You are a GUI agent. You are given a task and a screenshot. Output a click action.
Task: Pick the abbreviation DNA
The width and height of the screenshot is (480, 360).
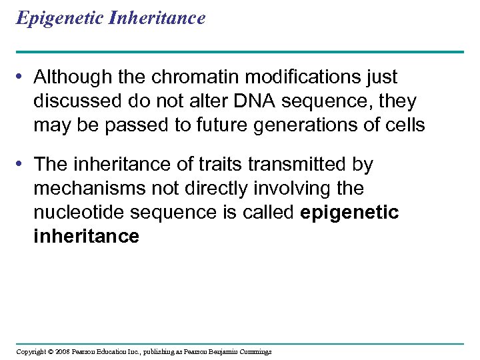click(233, 101)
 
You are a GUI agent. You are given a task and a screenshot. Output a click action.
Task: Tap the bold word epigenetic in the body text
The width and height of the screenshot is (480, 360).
click(350, 212)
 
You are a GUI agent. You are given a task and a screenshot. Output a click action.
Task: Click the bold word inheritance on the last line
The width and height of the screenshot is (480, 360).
click(86, 236)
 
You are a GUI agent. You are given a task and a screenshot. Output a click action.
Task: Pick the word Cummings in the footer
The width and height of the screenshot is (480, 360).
click(253, 351)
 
